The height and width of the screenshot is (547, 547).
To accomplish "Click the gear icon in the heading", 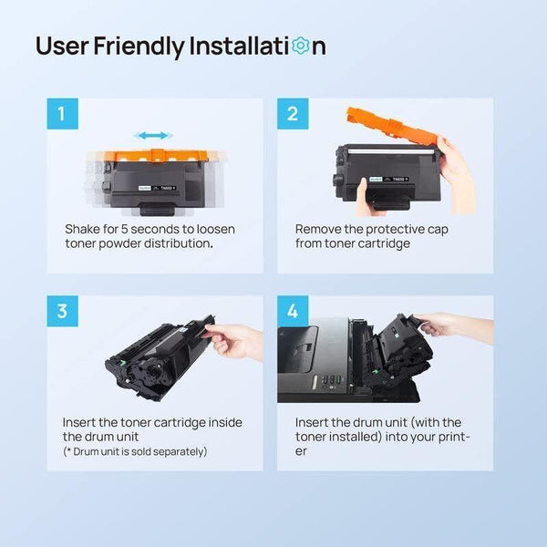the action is click(300, 46).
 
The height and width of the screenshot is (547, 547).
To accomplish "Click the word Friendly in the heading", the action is click(139, 46).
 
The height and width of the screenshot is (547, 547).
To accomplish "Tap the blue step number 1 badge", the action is click(62, 114).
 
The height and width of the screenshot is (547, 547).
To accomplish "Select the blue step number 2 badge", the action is click(293, 114).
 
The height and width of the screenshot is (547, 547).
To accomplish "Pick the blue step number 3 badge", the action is click(62, 311).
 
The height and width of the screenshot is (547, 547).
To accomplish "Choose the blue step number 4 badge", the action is click(293, 311).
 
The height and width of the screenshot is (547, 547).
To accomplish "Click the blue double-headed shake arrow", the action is click(153, 135).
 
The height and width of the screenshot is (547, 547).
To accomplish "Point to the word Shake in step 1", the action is click(82, 229).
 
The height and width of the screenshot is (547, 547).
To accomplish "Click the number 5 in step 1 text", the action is click(125, 229).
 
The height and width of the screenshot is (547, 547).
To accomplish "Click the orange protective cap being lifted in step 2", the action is click(392, 126).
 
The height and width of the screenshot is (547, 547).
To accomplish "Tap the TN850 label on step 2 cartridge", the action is click(400, 179).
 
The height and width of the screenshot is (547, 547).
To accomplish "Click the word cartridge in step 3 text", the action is click(180, 423).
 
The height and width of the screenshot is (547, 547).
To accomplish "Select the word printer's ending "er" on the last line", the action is click(301, 451).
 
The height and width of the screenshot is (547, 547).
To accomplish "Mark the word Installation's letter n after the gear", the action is click(319, 47).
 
